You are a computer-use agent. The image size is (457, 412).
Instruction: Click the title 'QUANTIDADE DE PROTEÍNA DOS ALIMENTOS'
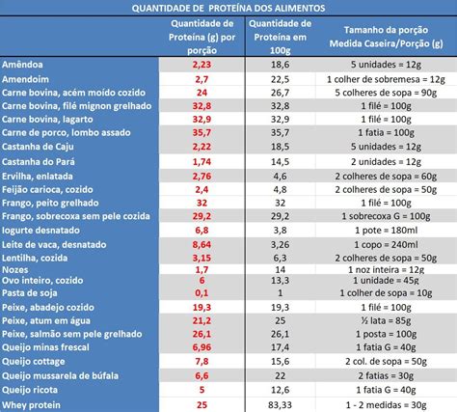(228, 8)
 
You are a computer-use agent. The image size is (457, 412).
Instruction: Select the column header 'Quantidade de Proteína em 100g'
(281, 37)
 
